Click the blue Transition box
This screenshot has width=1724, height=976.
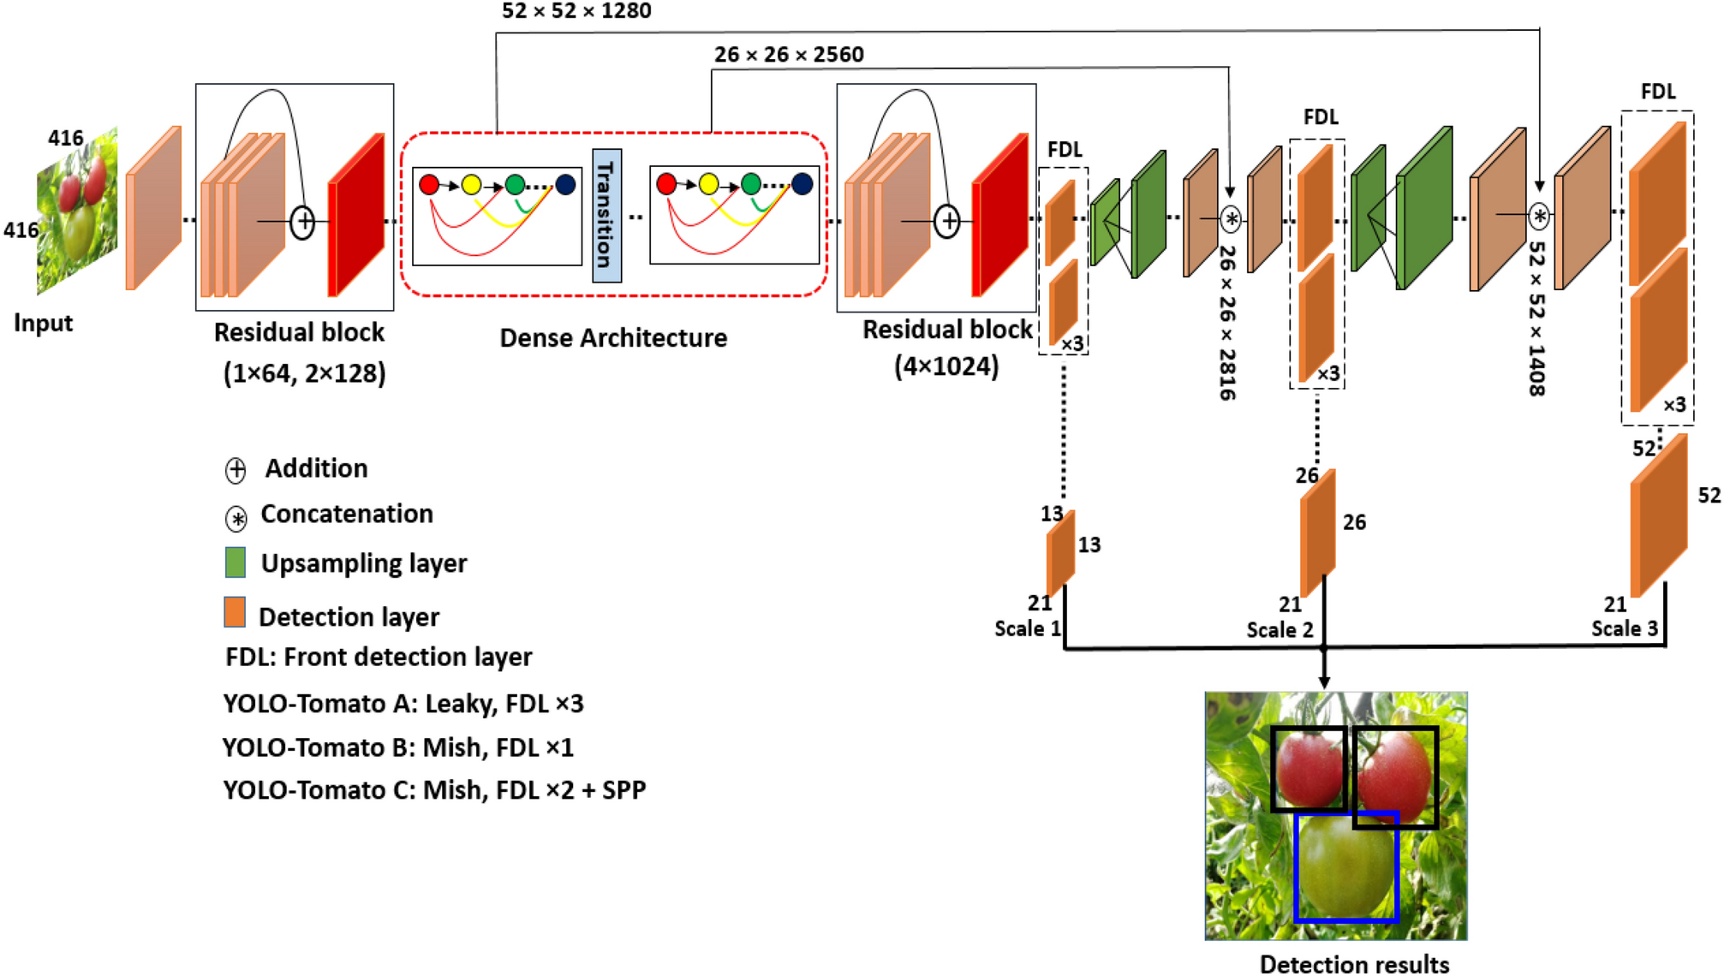point(606,215)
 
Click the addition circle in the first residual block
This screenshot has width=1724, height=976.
point(303,222)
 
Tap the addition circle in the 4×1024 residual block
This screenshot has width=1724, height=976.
point(947,221)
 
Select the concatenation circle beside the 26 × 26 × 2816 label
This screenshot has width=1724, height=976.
point(1230,219)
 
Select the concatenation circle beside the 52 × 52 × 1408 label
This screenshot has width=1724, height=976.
point(1539,216)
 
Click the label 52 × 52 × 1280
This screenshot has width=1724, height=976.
point(576,11)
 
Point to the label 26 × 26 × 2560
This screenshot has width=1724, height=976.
point(789,55)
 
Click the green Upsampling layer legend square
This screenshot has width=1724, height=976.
point(235,562)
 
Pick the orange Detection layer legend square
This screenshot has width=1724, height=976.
point(235,613)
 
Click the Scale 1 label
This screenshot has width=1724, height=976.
point(1027,629)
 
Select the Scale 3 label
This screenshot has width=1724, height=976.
point(1624,628)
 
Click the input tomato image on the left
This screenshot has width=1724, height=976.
point(77,214)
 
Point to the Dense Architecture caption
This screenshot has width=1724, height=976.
point(613,338)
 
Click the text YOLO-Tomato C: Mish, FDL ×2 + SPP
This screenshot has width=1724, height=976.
point(434,789)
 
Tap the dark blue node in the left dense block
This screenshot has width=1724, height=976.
point(565,184)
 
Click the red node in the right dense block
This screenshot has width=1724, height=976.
point(666,183)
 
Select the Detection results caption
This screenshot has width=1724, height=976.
point(1354,964)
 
